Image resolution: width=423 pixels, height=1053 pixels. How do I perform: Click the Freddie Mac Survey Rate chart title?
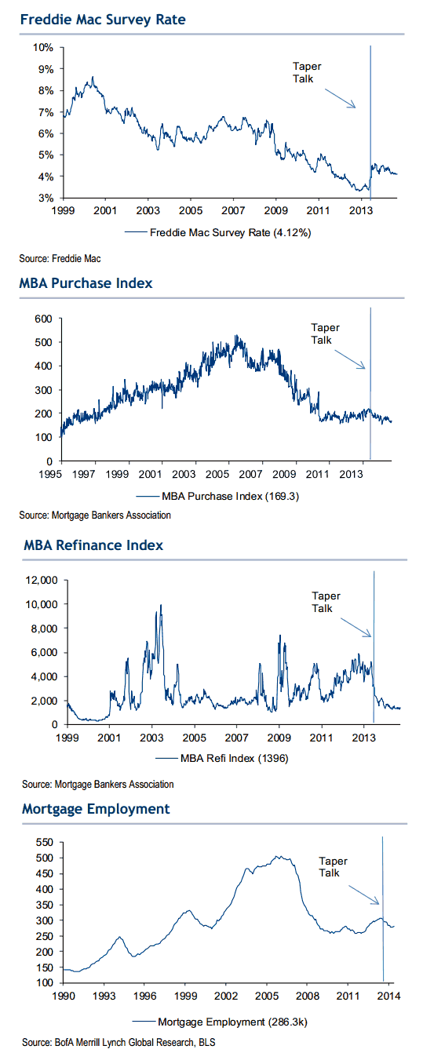[x=103, y=20]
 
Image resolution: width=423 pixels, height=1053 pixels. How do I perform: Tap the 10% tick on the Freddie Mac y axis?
[x=43, y=48]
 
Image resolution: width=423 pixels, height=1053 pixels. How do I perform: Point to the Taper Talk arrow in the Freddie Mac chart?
[x=341, y=98]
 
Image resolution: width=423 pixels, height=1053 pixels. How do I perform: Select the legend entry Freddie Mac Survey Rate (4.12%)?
[x=218, y=232]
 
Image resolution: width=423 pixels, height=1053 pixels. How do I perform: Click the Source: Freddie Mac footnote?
[x=60, y=259]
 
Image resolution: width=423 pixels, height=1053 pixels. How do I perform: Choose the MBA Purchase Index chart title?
[x=86, y=283]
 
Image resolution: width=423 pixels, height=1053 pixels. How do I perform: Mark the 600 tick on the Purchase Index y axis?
[x=43, y=319]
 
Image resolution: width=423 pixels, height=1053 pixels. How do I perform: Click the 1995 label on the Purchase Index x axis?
[x=50, y=474]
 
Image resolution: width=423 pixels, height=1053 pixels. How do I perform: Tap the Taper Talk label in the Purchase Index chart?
[x=325, y=333]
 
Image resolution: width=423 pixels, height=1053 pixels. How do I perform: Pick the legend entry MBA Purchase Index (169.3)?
[x=217, y=496]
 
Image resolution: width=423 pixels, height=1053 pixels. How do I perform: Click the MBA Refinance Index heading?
[x=93, y=545]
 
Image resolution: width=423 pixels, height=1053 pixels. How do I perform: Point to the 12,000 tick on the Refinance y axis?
[x=42, y=580]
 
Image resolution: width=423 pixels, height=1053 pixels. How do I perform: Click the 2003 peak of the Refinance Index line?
[x=161, y=605]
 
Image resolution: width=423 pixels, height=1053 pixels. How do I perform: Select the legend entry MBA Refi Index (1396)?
[x=222, y=758]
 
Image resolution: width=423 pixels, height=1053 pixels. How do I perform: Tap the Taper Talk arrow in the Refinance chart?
[x=356, y=628]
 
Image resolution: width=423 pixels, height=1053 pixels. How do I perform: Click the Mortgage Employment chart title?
[x=96, y=808]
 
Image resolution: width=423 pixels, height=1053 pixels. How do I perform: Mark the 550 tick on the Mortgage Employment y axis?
[x=45, y=842]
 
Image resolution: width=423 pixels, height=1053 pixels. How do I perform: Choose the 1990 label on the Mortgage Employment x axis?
[x=64, y=996]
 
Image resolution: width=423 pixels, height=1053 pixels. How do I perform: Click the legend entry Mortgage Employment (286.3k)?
[x=220, y=1022]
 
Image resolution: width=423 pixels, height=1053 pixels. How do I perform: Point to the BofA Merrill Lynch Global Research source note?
[x=119, y=1042]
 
